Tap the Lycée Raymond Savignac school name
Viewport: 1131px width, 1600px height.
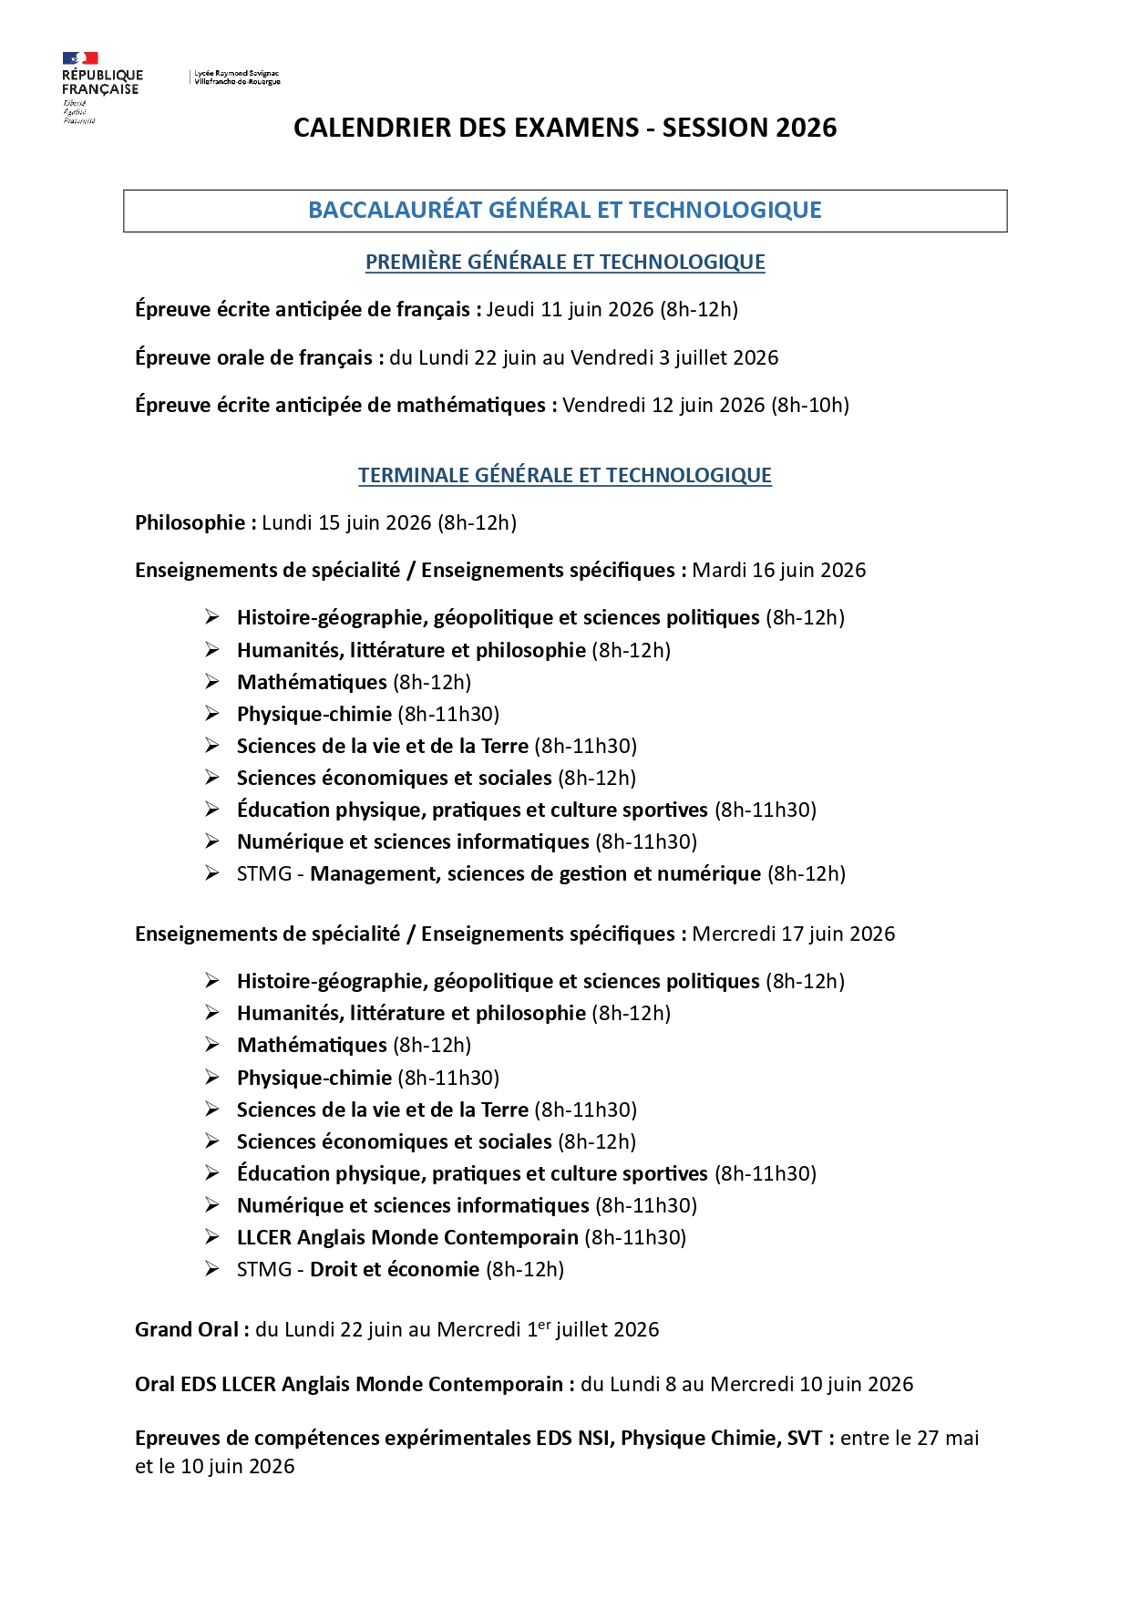coord(237,77)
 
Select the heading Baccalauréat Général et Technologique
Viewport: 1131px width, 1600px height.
coord(565,211)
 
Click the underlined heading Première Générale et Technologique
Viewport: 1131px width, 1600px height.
coord(565,263)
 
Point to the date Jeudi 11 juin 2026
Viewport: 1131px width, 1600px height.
coord(570,310)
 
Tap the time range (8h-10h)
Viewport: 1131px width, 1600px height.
coord(810,405)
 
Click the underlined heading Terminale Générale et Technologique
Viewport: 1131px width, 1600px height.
coord(565,476)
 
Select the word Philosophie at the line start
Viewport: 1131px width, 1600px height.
coord(190,523)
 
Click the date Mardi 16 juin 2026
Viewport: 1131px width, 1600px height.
coord(778,571)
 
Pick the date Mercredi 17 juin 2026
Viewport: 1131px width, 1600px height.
coord(793,934)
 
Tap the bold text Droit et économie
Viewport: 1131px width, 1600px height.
coord(394,1270)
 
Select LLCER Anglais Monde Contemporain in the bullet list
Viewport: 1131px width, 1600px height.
coord(407,1238)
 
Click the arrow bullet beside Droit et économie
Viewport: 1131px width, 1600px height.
coord(212,1269)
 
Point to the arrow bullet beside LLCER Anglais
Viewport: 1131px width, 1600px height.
coord(212,1237)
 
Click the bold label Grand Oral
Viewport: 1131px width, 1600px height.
coord(187,1330)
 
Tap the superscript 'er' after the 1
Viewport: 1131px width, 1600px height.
coord(544,1325)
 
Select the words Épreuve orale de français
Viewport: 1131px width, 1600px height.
coord(253,358)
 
